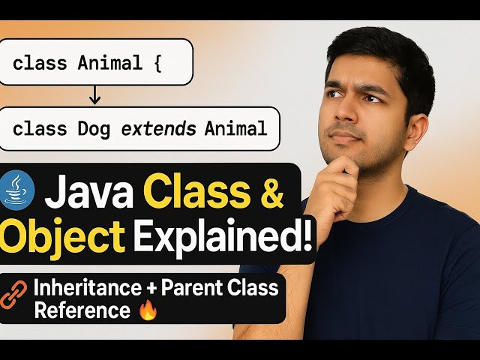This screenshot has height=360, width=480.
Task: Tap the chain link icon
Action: pos(15,298)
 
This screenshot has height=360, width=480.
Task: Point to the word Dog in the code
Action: pos(93,129)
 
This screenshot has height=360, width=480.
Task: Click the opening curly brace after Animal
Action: pos(157,63)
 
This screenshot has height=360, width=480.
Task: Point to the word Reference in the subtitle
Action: pos(71,309)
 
